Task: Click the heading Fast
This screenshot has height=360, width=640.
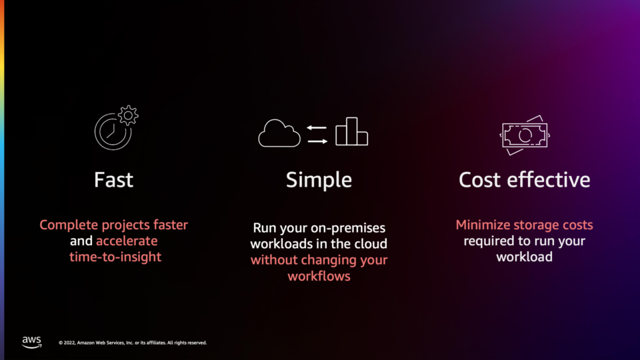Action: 113,180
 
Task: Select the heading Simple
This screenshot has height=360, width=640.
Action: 319,181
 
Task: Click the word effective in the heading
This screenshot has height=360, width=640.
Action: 549,179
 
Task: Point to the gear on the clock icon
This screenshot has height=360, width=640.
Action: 128,115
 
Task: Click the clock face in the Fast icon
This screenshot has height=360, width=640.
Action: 113,131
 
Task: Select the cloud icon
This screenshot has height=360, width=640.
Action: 279,133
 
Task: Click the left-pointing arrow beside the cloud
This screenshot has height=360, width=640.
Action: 317,128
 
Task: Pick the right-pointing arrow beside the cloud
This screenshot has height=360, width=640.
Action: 317,141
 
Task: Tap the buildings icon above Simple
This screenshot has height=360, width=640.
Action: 351,131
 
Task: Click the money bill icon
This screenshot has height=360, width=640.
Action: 525,135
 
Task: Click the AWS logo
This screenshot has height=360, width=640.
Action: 32,342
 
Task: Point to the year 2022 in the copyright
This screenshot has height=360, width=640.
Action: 69,343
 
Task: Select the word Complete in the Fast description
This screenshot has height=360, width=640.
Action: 69,225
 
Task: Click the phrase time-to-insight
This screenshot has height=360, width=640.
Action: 115,257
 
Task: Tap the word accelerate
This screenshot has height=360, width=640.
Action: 127,241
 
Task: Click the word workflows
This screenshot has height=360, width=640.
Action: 319,276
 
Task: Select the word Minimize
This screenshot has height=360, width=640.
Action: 483,225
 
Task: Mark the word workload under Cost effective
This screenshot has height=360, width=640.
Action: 525,257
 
